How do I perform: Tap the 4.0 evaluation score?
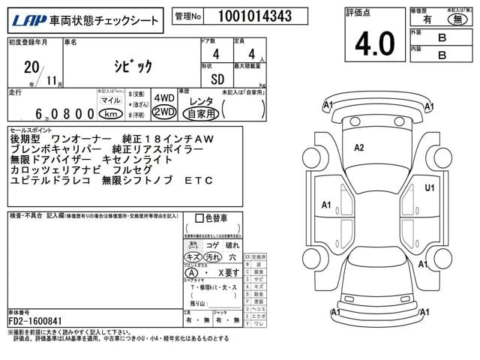[374, 44]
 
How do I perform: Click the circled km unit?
[111, 113]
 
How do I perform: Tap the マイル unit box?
[111, 100]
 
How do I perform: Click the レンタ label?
[200, 100]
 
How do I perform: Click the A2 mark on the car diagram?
[359, 148]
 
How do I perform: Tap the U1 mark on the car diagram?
[430, 187]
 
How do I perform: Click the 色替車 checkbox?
[199, 219]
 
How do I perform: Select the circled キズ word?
[193, 257]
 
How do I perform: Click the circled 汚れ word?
[214, 257]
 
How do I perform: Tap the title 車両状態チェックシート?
[105, 18]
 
